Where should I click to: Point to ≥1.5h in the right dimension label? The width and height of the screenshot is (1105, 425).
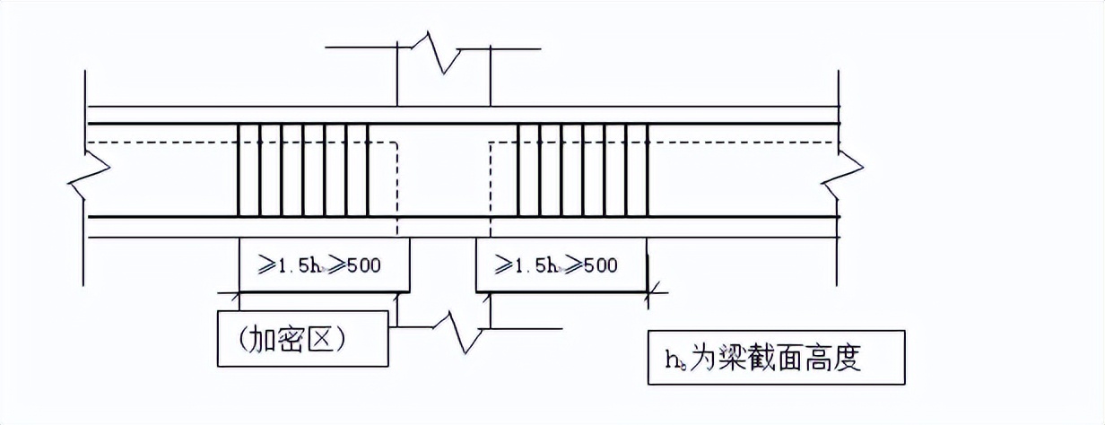(x=518, y=265)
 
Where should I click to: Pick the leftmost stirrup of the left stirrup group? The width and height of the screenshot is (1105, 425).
(x=239, y=170)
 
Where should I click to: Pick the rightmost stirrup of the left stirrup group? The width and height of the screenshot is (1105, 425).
(x=369, y=170)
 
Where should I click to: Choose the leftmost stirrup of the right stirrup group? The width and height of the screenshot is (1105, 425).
(x=518, y=170)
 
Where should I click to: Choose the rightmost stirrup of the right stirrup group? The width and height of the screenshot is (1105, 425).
(x=648, y=170)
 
